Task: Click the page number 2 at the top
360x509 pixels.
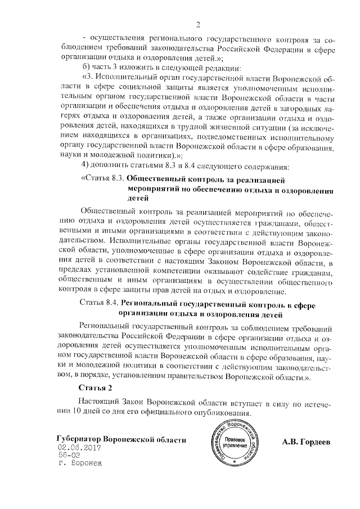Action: click(x=198, y=24)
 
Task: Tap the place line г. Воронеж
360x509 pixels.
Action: click(x=81, y=465)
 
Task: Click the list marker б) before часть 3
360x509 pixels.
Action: click(x=85, y=67)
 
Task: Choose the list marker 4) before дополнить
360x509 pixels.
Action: click(x=84, y=166)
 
